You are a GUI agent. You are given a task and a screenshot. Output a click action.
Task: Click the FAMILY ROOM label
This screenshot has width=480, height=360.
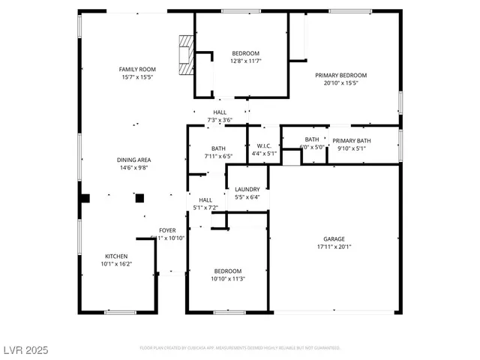pyautogui.click(x=137, y=69)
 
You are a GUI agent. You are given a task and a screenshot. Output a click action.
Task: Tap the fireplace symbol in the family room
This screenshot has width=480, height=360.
pyautogui.click(x=184, y=54)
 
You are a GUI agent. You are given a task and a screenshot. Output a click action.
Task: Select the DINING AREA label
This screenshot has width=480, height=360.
pyautogui.click(x=133, y=160)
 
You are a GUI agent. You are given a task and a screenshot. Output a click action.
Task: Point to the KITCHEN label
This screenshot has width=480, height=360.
pyautogui.click(x=115, y=256)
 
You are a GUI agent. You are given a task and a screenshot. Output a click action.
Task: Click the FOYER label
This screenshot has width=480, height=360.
pyautogui.click(x=166, y=230)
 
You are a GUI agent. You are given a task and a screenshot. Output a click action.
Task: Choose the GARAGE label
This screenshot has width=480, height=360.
pyautogui.click(x=334, y=239)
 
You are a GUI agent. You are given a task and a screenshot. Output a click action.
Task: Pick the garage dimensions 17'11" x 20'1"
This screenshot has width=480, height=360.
pyautogui.click(x=334, y=247)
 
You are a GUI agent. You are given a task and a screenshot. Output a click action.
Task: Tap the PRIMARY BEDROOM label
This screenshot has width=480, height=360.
pyautogui.click(x=340, y=75)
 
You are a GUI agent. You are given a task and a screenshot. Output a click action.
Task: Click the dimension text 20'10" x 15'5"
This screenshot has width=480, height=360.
pyautogui.click(x=340, y=83)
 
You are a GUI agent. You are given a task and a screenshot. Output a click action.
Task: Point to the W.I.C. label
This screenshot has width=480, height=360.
pyautogui.click(x=263, y=146)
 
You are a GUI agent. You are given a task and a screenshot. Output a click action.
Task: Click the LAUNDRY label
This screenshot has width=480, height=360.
pyautogui.click(x=247, y=190)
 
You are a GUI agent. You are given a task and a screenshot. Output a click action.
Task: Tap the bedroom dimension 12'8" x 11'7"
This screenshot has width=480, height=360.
pyautogui.click(x=245, y=61)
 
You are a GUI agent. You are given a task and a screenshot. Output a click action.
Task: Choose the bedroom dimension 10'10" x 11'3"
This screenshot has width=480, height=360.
pyautogui.click(x=228, y=279)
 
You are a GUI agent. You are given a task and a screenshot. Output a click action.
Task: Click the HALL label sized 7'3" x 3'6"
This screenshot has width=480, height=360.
pyautogui.click(x=220, y=112)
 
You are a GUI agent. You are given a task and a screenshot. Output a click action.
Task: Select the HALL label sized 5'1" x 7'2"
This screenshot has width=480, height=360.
pyautogui.click(x=205, y=200)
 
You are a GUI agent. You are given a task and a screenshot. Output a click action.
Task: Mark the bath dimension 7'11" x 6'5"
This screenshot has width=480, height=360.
pyautogui.click(x=218, y=156)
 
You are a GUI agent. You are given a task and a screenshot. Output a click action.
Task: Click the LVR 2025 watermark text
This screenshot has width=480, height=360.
pyautogui.click(x=25, y=349)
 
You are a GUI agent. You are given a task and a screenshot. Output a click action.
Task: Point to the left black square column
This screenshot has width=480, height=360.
pyautogui.click(x=85, y=198)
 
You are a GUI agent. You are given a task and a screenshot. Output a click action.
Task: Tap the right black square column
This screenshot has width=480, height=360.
pyautogui.click(x=139, y=198)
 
